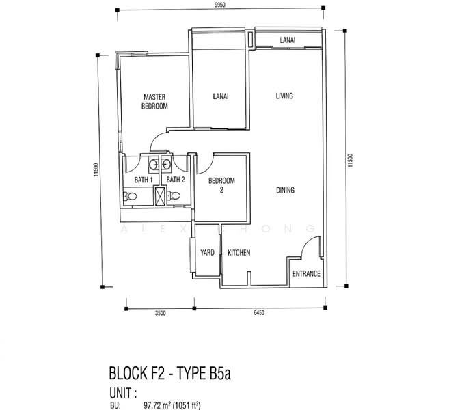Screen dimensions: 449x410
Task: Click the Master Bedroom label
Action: point(154,102)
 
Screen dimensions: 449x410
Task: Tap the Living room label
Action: point(284,96)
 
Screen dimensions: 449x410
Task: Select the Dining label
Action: point(285,190)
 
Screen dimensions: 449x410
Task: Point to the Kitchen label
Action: point(239,253)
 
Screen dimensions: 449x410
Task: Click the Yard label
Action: point(207,253)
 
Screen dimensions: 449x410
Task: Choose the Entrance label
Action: point(306,274)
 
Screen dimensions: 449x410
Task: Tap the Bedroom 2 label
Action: point(221,185)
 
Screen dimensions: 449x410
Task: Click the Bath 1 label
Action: point(144,180)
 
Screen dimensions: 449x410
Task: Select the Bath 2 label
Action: point(176,180)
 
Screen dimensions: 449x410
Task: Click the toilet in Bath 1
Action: point(130,196)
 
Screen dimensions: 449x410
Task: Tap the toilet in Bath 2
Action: point(174,196)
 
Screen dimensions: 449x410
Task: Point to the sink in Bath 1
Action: point(153,165)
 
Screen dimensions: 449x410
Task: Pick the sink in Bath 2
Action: point(165,165)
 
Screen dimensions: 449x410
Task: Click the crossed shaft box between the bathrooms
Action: point(161,196)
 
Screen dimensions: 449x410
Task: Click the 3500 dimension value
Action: point(161,313)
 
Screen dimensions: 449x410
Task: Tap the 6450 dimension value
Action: point(259,313)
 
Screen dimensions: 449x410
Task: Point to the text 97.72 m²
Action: point(157,405)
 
